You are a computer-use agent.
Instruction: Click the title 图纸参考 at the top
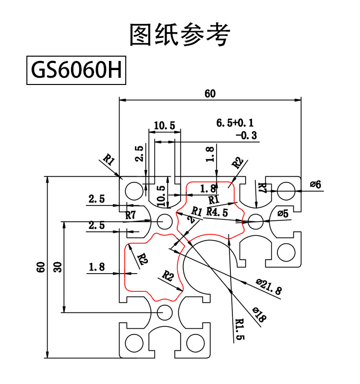pos(180,35)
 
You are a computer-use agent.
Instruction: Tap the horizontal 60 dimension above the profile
pos(210,94)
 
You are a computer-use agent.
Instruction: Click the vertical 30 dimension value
pos(58,267)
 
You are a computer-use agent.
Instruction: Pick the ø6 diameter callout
pos(315,184)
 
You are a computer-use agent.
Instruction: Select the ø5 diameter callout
pos(283,214)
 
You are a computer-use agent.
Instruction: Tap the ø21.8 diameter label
pos(269,287)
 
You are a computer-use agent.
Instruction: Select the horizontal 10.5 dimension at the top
pos(164,126)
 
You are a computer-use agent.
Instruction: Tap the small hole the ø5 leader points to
pos(256,221)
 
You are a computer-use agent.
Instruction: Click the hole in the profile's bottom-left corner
pos(132,342)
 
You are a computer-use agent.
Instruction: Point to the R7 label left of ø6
pos(261,188)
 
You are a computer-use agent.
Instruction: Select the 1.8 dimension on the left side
pos(96,267)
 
